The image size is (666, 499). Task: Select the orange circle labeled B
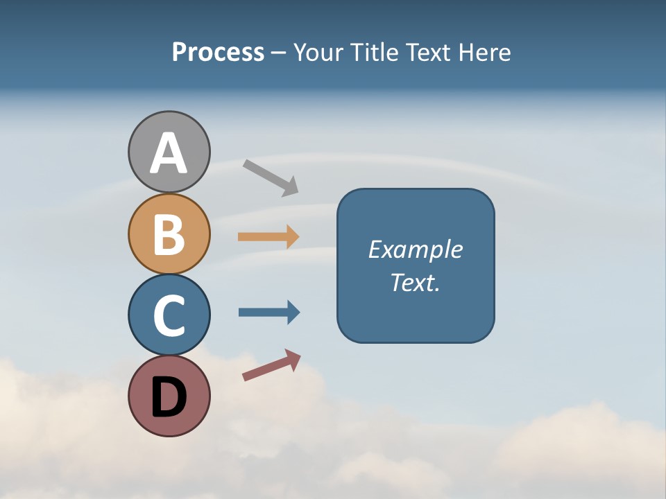[x=169, y=234]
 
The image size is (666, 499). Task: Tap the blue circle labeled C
[x=169, y=315]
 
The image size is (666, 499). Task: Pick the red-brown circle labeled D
[x=169, y=396]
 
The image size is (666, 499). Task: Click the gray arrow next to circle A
[x=271, y=177]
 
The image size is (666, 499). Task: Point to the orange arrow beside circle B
[x=268, y=236]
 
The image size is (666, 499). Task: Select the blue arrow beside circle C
[x=268, y=313]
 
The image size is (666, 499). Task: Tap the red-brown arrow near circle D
[x=271, y=365]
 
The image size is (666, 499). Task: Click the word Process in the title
[x=218, y=52]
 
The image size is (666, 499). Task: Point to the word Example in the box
[x=415, y=249]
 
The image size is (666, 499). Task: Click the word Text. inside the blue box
[x=415, y=282]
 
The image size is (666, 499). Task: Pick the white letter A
[x=169, y=153]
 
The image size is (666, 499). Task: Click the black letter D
[x=169, y=398]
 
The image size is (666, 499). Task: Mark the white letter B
[x=169, y=234]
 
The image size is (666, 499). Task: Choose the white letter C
[x=169, y=315]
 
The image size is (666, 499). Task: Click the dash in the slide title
[x=278, y=53]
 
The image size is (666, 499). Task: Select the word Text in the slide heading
[x=427, y=52]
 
